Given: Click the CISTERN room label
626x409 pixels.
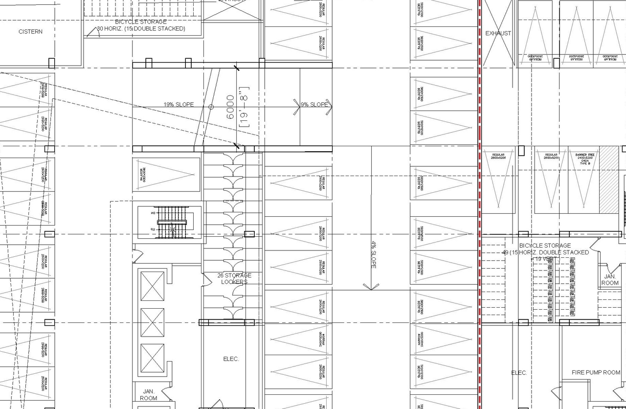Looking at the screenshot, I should pyautogui.click(x=30, y=32).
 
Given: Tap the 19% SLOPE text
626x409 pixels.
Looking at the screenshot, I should pyautogui.click(x=179, y=105).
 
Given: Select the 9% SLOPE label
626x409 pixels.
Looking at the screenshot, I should pyautogui.click(x=314, y=105).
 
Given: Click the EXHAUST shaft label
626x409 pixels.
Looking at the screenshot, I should pyautogui.click(x=498, y=33).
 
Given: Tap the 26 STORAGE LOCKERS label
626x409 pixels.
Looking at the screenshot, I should pyautogui.click(x=234, y=279).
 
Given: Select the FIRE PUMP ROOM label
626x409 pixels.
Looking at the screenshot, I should pyautogui.click(x=596, y=373).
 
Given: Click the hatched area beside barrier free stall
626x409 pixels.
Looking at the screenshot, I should pyautogui.click(x=609, y=180).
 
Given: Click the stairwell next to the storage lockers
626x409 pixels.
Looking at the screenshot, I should pyautogui.click(x=171, y=223).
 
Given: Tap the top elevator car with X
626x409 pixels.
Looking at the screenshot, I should pyautogui.click(x=152, y=286).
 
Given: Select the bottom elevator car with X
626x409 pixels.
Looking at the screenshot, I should pyautogui.click(x=152, y=359).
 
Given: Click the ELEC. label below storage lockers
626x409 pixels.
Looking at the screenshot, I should pyautogui.click(x=231, y=359).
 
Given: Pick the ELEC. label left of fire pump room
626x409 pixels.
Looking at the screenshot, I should pyautogui.click(x=519, y=373).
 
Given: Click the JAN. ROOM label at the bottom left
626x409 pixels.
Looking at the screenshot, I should pyautogui.click(x=149, y=395).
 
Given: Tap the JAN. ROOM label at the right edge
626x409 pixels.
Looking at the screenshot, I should pyautogui.click(x=610, y=280).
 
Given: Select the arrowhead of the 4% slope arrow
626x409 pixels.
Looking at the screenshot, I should pyautogui.click(x=371, y=287).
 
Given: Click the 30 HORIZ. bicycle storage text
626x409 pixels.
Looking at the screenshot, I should pyautogui.click(x=141, y=29).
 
